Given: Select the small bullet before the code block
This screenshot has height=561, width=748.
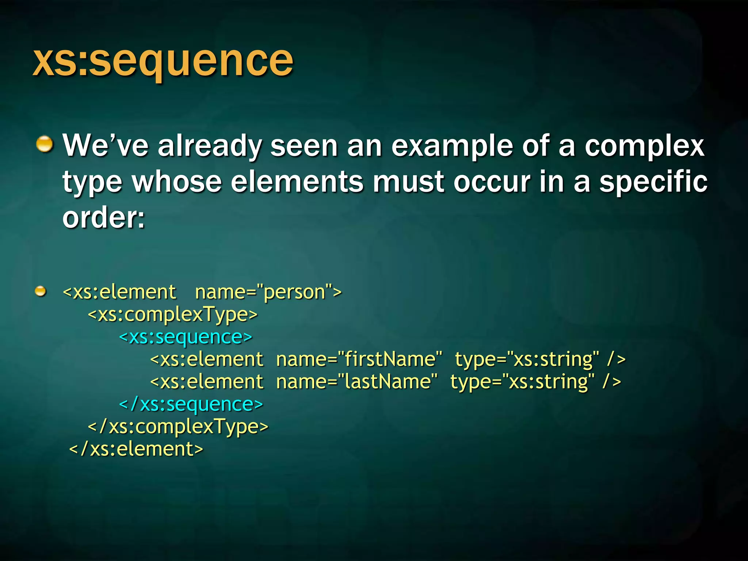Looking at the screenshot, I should click(41, 291).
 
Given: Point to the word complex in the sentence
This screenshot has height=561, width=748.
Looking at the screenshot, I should click(644, 146).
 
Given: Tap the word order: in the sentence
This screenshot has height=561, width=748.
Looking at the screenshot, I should click(104, 218).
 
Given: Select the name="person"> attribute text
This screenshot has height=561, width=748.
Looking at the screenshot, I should click(268, 292).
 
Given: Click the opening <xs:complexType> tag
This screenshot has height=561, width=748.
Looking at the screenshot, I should click(173, 314).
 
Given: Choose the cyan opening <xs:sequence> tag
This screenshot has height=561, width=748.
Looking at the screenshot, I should click(186, 337).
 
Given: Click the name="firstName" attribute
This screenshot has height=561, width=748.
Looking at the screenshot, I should click(359, 359).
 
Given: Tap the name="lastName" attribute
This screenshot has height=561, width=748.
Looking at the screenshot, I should click(356, 382).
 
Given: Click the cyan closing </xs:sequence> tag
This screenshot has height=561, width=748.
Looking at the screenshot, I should click(191, 404).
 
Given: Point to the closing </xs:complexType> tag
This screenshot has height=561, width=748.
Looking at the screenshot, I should click(178, 427).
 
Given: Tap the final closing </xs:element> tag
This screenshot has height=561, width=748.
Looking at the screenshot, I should click(136, 449).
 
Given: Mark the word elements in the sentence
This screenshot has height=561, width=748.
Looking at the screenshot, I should click(297, 182).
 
